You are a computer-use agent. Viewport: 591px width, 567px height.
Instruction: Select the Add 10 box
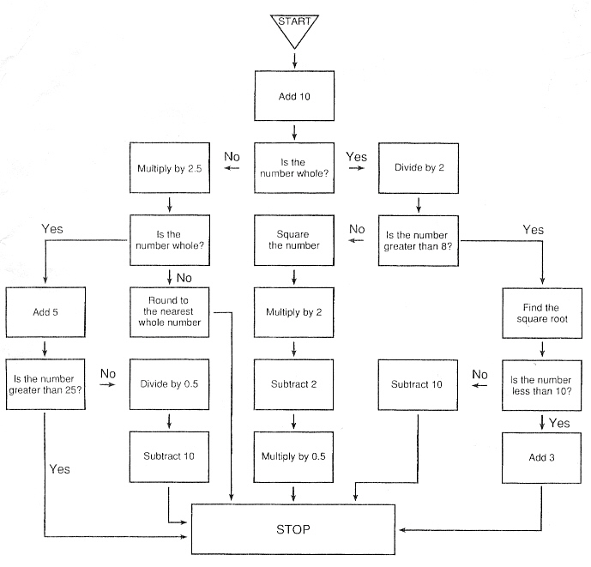click(x=294, y=96)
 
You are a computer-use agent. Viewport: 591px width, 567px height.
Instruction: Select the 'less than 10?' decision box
click(x=542, y=383)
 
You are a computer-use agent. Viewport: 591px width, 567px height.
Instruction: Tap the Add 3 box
click(x=542, y=455)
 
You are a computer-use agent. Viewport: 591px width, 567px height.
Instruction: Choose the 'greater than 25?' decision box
click(x=45, y=383)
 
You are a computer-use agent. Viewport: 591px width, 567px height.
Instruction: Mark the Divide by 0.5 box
click(x=170, y=383)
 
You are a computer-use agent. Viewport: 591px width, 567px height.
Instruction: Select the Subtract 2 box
click(x=294, y=383)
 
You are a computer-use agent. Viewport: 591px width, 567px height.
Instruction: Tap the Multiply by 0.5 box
click(x=294, y=455)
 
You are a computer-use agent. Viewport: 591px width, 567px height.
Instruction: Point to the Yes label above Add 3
click(x=558, y=424)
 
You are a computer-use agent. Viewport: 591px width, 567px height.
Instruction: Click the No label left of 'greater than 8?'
click(x=356, y=229)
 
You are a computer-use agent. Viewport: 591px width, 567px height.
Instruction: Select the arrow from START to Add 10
click(x=294, y=59)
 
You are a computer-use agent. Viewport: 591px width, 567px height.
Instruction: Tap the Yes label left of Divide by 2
click(x=356, y=157)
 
